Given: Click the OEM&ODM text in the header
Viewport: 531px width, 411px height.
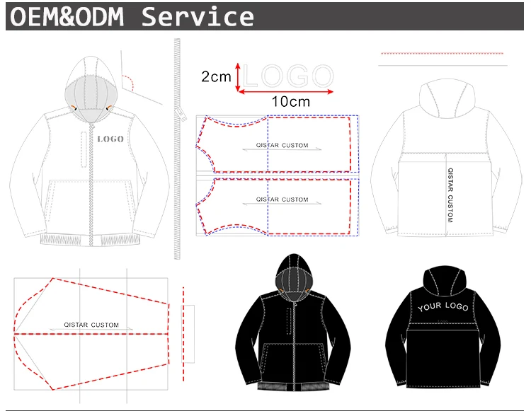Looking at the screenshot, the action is [x=72, y=16].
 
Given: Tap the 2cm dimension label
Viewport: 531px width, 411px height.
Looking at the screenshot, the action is [x=216, y=76].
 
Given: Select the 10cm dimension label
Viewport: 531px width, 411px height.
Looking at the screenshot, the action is [x=291, y=101].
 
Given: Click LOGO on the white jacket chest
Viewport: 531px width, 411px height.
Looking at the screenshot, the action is [x=110, y=139].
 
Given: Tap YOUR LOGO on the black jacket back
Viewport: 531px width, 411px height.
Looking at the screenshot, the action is [x=443, y=306].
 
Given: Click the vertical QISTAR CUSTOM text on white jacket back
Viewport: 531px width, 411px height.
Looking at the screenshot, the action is [x=449, y=195].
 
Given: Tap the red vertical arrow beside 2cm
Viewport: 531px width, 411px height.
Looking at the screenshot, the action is [x=239, y=76].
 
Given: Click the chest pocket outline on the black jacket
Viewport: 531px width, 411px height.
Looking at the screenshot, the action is [x=289, y=319].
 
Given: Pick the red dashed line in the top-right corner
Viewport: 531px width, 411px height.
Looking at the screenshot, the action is [x=442, y=53].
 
